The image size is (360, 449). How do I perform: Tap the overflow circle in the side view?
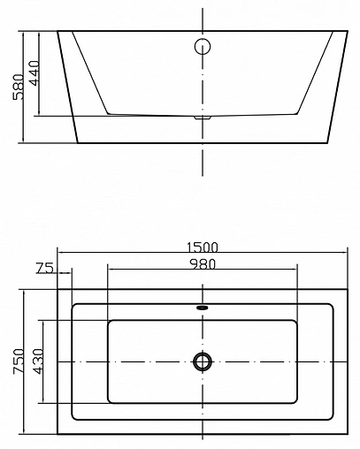click(203, 47)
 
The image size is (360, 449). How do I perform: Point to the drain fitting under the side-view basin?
click(203, 116)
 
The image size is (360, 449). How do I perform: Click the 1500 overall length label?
click(203, 247)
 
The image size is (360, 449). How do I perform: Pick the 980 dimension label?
click(203, 263)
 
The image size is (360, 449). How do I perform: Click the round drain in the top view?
click(203, 361)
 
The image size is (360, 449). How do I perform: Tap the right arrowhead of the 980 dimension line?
click(298, 270)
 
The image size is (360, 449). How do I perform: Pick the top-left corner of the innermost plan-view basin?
click(108, 320)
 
